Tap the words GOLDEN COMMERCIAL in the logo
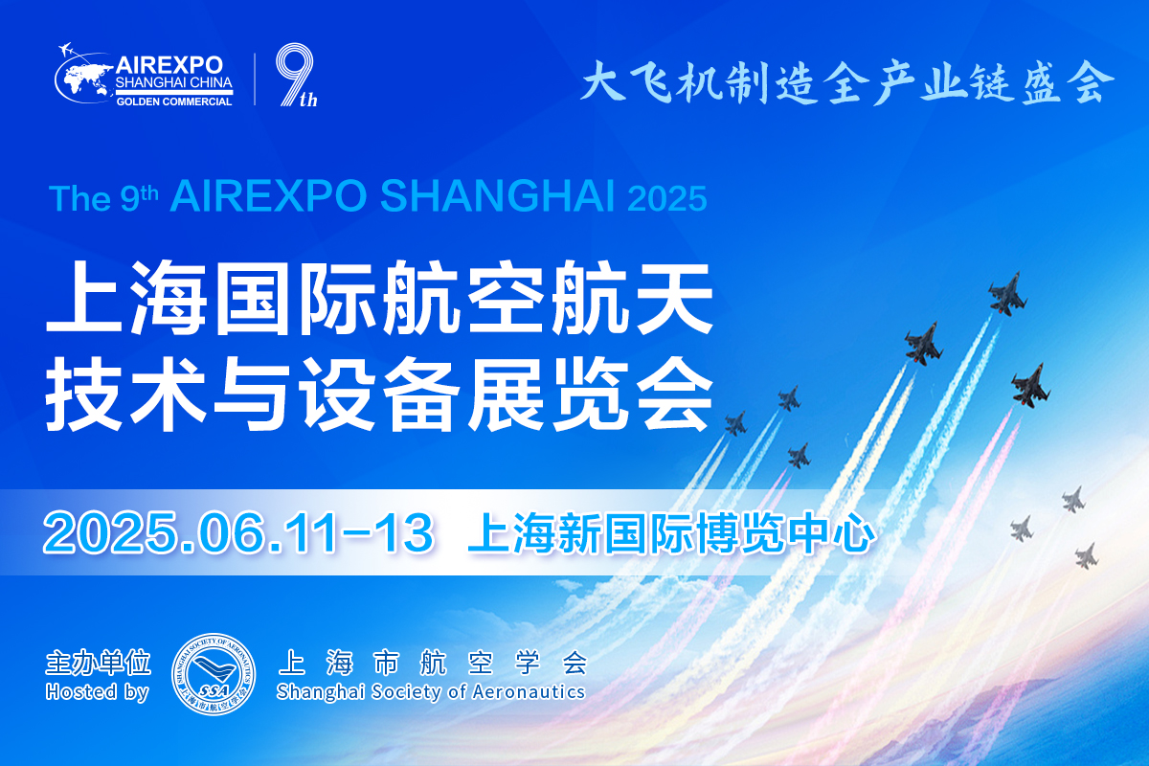coord(174,101)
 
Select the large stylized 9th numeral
coord(297,75)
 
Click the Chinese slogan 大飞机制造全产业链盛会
coord(846,82)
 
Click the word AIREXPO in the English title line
coord(268,196)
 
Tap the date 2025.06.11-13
coord(238,532)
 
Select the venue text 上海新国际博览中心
coord(671,532)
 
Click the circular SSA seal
coord(214,674)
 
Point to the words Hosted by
coord(97,692)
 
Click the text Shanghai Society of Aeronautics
coord(430,692)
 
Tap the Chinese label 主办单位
coord(98,663)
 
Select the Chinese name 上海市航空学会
coord(433,663)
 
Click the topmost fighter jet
coord(1007,293)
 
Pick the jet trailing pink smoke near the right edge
coord(1029,385)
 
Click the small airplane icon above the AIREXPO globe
coord(66,50)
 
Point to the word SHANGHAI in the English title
coord(497,196)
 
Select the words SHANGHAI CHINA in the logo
coord(174,82)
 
